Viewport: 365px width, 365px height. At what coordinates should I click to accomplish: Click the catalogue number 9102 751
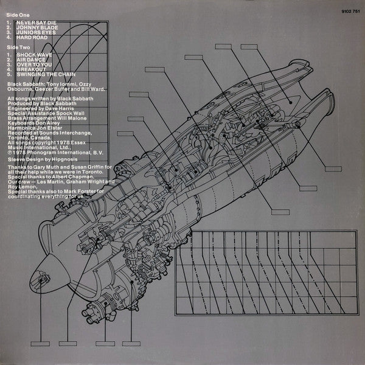tap(344, 10)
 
